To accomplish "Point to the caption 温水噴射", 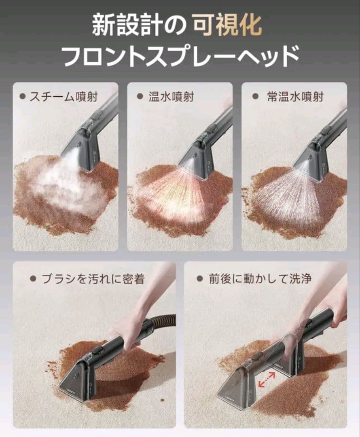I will tap(171, 97).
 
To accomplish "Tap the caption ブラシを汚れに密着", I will tap(93, 279).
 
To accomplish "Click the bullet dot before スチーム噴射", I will tap(23, 97).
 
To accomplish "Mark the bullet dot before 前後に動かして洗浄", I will tap(199, 279).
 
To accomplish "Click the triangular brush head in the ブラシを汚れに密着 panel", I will tap(77, 380).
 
